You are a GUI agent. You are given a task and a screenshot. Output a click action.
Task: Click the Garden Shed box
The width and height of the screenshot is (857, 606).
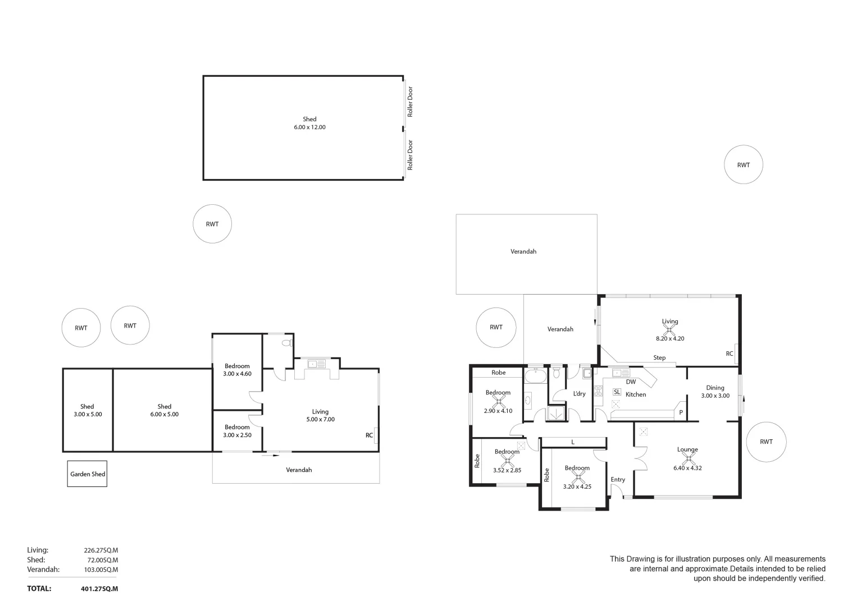[87, 474]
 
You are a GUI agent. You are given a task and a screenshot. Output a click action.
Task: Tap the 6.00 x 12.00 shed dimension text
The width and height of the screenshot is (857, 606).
[309, 127]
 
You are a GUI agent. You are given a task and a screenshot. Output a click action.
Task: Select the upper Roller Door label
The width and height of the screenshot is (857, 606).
[411, 102]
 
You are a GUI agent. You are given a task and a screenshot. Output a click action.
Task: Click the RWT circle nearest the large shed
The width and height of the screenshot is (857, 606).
[212, 224]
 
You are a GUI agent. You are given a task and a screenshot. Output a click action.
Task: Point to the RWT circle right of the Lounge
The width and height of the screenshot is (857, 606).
[766, 442]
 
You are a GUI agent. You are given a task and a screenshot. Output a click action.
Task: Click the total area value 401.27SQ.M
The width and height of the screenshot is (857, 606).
[99, 589]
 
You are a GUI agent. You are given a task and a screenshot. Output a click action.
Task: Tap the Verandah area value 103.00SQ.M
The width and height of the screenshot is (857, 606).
[101, 570]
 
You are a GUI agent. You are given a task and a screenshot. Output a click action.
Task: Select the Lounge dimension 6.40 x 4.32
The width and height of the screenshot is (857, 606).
[687, 468]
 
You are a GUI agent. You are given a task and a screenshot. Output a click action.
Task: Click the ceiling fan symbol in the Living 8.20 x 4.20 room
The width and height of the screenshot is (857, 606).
[669, 329]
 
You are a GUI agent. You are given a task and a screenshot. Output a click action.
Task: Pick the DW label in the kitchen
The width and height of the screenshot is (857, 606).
[631, 382]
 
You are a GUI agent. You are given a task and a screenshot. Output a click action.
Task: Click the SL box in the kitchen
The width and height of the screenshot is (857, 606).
[617, 392]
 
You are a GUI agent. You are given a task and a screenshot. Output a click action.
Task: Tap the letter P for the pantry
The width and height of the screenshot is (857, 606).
[681, 413]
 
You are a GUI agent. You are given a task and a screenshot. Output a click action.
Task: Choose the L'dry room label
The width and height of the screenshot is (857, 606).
[579, 394]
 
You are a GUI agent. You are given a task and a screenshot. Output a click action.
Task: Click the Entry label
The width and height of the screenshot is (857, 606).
[618, 480]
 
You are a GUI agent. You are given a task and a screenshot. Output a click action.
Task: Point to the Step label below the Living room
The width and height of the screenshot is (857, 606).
[659, 358]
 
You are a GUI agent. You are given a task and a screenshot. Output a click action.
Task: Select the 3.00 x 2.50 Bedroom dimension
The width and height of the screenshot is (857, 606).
[237, 435]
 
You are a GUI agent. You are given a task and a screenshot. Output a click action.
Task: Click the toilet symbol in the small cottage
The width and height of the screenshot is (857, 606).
[286, 342]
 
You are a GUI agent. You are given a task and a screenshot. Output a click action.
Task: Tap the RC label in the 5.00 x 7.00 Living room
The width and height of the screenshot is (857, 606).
[369, 435]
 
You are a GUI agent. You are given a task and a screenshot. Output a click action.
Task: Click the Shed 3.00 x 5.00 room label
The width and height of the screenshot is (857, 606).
[88, 410]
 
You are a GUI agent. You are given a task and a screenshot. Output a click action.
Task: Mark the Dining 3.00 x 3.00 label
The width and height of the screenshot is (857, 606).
[715, 392]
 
